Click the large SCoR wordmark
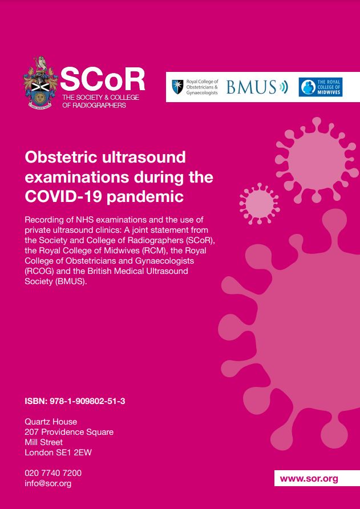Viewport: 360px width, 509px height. pos(103,80)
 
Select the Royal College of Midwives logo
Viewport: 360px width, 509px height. pos(321,87)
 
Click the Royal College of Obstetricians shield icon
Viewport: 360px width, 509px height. pos(177,87)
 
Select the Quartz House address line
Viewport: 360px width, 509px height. pos(51,422)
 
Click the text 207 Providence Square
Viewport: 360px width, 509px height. pos(69,432)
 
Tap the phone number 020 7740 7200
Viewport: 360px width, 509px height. pos(53,473)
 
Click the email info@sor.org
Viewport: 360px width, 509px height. pos(48,483)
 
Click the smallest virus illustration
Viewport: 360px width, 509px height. pos(258,203)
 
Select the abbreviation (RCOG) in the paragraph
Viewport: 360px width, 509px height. pos(41,270)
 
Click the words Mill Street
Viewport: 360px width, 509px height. pos(44,442)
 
